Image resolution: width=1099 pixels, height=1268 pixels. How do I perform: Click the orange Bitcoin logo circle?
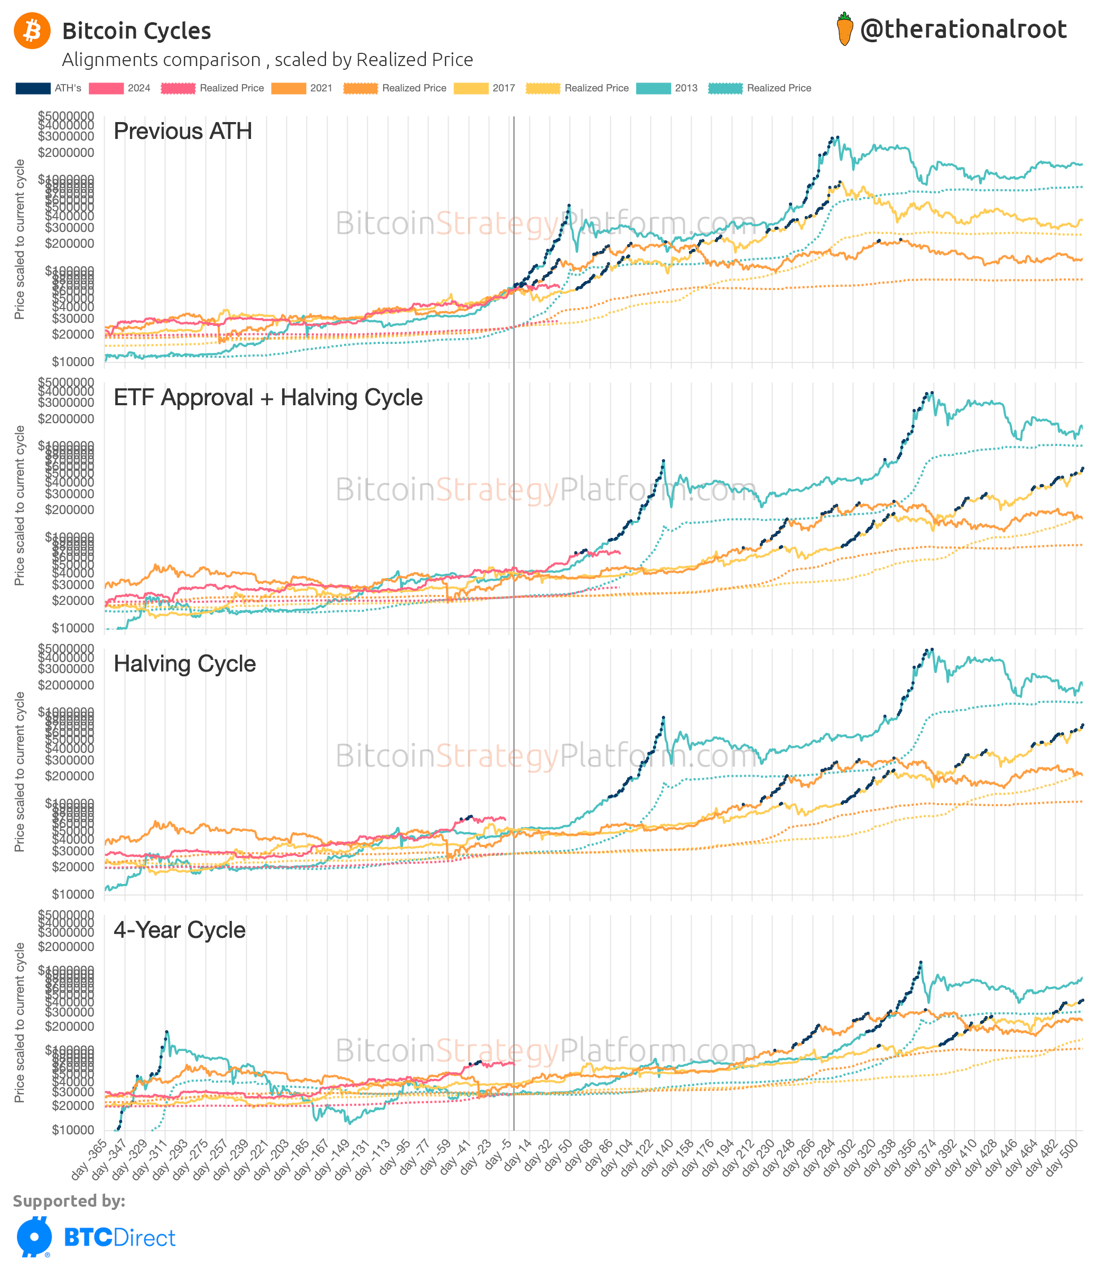tap(32, 31)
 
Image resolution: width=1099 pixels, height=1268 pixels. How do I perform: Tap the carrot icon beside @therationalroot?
tap(844, 29)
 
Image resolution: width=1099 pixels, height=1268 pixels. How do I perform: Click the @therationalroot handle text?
tap(963, 29)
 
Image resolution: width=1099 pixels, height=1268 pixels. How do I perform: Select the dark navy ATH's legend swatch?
tap(33, 88)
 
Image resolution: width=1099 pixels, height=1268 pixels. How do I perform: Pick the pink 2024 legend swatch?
tap(106, 88)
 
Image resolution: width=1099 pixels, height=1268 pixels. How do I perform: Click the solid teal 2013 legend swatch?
tap(653, 88)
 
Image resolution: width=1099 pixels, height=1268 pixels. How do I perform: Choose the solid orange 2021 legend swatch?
tap(288, 88)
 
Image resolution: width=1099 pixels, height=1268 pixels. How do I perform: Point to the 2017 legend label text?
tap(504, 88)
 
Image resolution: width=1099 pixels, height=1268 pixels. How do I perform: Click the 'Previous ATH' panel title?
tap(183, 131)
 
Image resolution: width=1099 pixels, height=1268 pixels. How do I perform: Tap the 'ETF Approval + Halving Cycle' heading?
tap(268, 397)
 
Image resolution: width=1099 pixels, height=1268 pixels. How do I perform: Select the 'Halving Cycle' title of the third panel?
tap(184, 664)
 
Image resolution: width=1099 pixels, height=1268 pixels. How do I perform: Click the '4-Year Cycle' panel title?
tap(179, 929)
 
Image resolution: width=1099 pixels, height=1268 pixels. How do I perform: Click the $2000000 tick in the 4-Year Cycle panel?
tap(66, 947)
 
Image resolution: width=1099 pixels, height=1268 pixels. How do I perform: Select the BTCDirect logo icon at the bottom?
tap(34, 1237)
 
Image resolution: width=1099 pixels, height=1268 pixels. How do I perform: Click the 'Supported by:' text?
tap(69, 1200)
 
